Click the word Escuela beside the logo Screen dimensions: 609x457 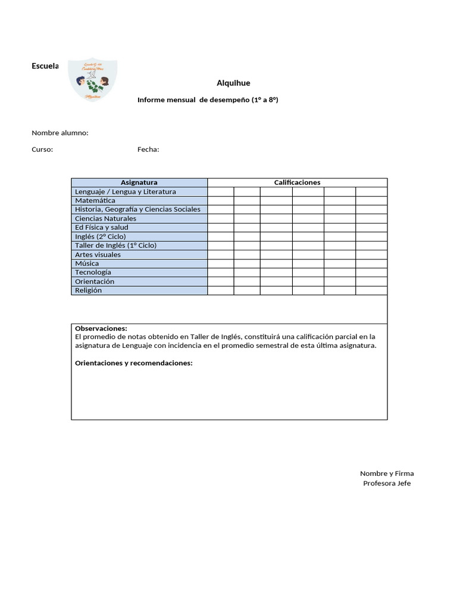coord(45,66)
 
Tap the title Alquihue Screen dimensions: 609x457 coord(229,83)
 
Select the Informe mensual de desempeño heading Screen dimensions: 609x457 coord(208,100)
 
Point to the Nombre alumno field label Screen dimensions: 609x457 coord(60,133)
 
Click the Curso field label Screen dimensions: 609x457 coord(42,149)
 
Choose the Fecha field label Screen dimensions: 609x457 coord(148,149)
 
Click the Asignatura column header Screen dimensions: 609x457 coord(139,183)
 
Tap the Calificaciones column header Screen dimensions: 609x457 coord(297,183)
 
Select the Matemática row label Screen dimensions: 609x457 coord(95,200)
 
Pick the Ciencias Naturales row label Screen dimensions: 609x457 coord(105,218)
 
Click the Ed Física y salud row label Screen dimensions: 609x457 coord(101,227)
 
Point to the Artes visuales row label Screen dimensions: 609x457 coord(98,255)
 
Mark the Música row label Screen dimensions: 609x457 coord(87,263)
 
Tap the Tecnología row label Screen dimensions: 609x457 coord(93,272)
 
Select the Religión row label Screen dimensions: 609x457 coord(88,290)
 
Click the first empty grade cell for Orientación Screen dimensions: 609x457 coord(220,281)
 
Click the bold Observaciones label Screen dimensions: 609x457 coord(101,328)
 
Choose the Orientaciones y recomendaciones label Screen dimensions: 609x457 coord(134,363)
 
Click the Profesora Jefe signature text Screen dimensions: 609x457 coord(387,483)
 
